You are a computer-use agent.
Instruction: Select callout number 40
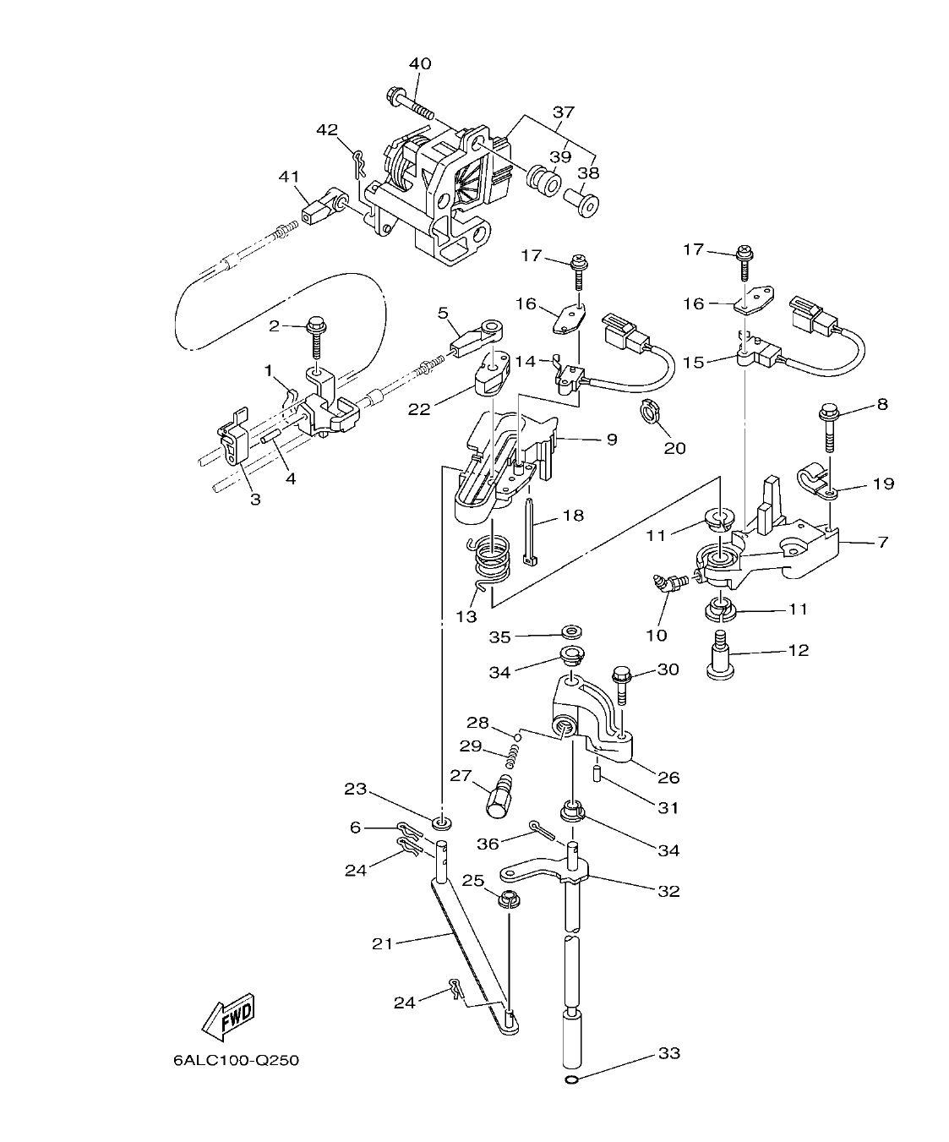pyautogui.click(x=420, y=64)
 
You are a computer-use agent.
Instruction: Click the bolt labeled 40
pyautogui.click(x=411, y=104)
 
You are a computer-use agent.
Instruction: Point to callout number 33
pyautogui.click(x=668, y=1053)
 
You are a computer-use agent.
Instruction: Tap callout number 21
pyautogui.click(x=382, y=943)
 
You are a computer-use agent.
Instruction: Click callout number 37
pyautogui.click(x=563, y=112)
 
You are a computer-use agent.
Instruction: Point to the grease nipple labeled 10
pyautogui.click(x=669, y=584)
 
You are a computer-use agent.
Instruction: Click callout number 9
pyautogui.click(x=610, y=439)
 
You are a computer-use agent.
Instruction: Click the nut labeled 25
pyautogui.click(x=510, y=899)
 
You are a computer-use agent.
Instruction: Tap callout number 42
pyautogui.click(x=327, y=129)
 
